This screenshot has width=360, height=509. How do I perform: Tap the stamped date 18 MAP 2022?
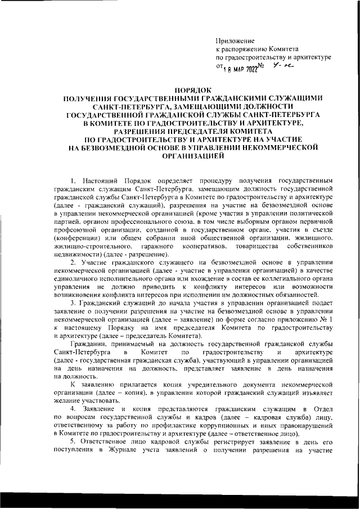(241, 69)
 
